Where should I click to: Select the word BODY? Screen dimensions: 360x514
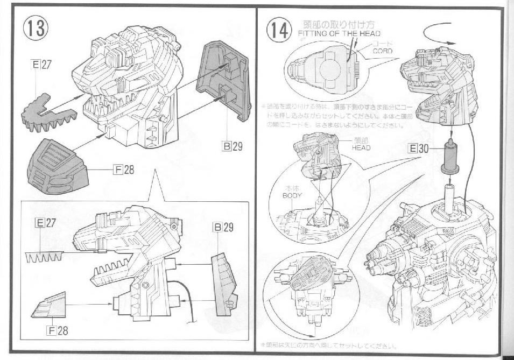tap(292, 196)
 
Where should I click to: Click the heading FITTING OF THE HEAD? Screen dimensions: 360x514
tap(339, 33)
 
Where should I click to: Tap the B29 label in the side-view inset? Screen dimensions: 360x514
tap(223, 228)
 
